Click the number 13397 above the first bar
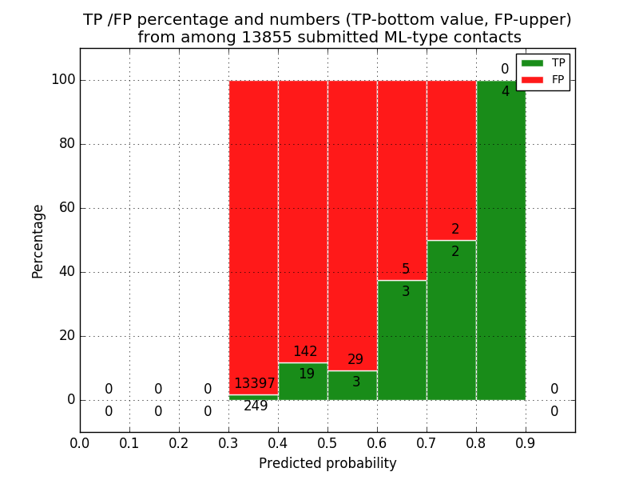coord(254,384)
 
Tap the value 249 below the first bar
coord(256,406)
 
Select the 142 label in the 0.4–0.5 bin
coord(305,352)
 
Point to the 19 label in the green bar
coord(306,374)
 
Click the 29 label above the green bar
coord(355,360)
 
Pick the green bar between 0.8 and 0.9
coord(501,240)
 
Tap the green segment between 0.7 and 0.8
coord(451,320)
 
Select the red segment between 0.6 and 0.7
coord(402,176)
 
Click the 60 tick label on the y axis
coord(66,208)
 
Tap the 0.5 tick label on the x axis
coord(327,442)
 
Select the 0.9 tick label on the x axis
coord(526,442)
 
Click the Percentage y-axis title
coord(38,241)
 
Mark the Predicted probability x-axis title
coord(327,464)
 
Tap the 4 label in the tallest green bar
coord(505,92)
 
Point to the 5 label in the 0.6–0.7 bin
coord(406,270)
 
